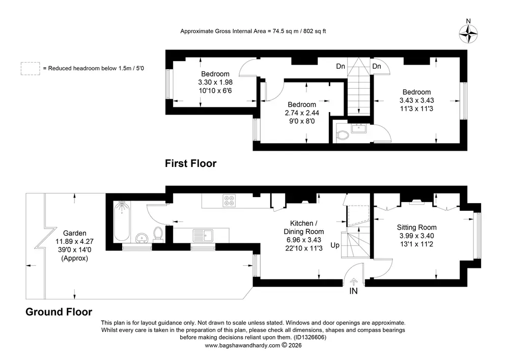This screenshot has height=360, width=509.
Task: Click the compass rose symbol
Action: [x=468, y=34]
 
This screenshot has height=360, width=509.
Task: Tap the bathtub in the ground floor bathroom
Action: [x=122, y=221]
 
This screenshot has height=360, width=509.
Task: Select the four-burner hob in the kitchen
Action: [x=229, y=200]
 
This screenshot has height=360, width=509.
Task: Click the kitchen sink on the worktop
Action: [x=203, y=235]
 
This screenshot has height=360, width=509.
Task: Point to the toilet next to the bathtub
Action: [x=158, y=234]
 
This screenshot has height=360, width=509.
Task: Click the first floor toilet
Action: [x=342, y=135]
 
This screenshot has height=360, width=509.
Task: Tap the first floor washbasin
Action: [x=359, y=128]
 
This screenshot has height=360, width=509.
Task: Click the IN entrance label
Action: [x=354, y=291]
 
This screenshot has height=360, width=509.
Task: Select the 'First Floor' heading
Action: [x=190, y=163]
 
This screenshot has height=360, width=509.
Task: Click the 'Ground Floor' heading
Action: [x=59, y=312]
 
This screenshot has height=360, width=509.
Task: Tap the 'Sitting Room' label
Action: [x=416, y=227]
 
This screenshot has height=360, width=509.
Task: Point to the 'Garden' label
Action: [x=75, y=233]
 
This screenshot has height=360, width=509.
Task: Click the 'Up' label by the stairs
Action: [x=335, y=245]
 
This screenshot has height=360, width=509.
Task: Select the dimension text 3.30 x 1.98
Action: [x=215, y=82]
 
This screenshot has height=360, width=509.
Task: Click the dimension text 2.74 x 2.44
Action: [x=302, y=113]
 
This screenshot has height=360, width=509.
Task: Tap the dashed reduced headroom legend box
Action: [x=31, y=69]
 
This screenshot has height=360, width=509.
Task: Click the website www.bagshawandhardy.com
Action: [x=242, y=345]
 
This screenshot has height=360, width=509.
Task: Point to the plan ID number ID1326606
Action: [x=309, y=337]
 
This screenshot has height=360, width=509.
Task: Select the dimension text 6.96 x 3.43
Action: [x=303, y=240]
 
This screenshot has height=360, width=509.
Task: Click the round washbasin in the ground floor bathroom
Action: [x=142, y=238]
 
